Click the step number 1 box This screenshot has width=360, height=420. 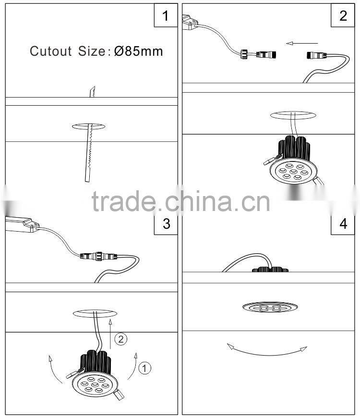[166, 15]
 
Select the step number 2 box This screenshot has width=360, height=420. [343, 15]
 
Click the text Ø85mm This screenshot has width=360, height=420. [139, 51]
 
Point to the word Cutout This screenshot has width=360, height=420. [51, 51]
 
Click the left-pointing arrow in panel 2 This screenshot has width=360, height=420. [298, 43]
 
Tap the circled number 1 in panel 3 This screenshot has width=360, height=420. [145, 368]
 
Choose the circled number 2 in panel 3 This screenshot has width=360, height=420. [121, 339]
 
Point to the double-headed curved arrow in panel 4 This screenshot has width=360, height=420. [267, 350]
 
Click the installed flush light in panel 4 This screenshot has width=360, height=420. [266, 307]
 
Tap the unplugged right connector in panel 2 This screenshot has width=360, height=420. [317, 57]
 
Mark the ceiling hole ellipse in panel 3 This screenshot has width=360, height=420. [95, 312]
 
